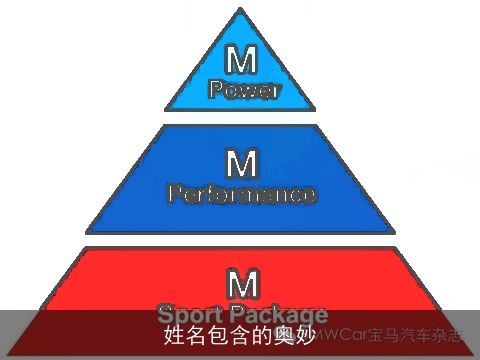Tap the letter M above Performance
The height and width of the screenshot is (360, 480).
(240, 163)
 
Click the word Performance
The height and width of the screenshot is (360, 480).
(241, 193)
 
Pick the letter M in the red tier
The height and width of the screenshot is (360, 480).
(240, 279)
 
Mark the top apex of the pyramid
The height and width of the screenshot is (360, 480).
(240, 12)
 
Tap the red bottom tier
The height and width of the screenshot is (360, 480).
(90, 290)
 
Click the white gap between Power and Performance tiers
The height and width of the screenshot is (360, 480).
(240, 117)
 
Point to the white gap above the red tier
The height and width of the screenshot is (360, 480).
(240, 240)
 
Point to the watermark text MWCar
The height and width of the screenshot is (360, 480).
(342, 336)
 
